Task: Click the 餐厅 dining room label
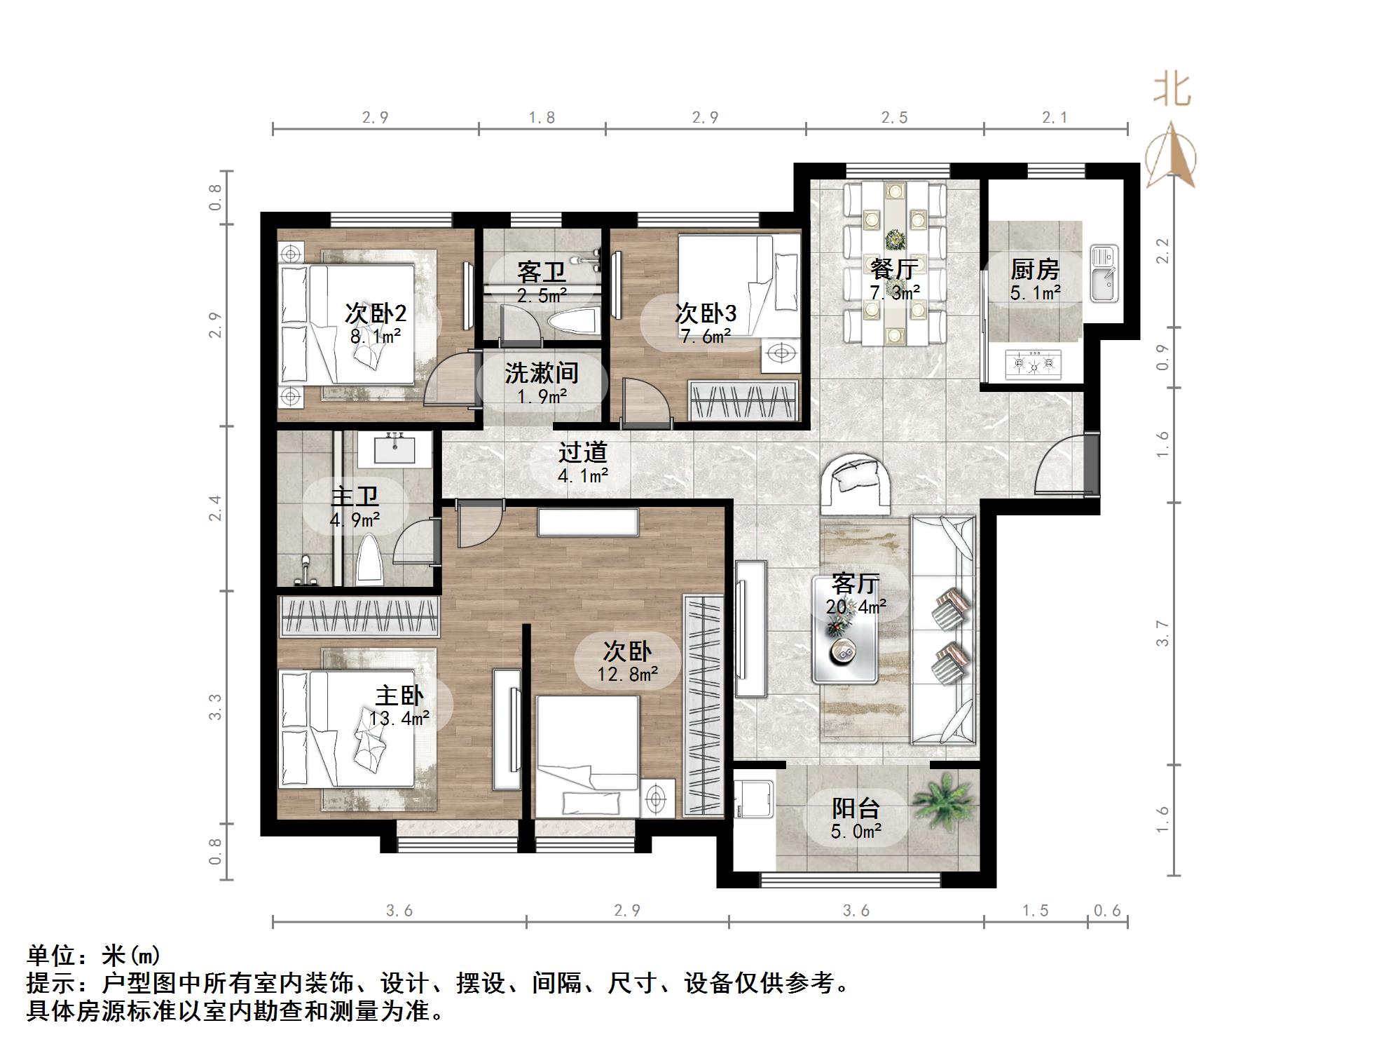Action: pyautogui.click(x=894, y=269)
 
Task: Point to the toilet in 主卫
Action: pyautogui.click(x=370, y=562)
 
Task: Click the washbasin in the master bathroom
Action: pyautogui.click(x=394, y=449)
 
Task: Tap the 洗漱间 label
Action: pyautogui.click(x=542, y=373)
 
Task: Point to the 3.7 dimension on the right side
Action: pyautogui.click(x=1162, y=633)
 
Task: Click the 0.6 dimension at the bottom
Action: pyautogui.click(x=1107, y=910)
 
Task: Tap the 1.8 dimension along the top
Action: pyautogui.click(x=542, y=118)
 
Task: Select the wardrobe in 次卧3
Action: pyautogui.click(x=743, y=402)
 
